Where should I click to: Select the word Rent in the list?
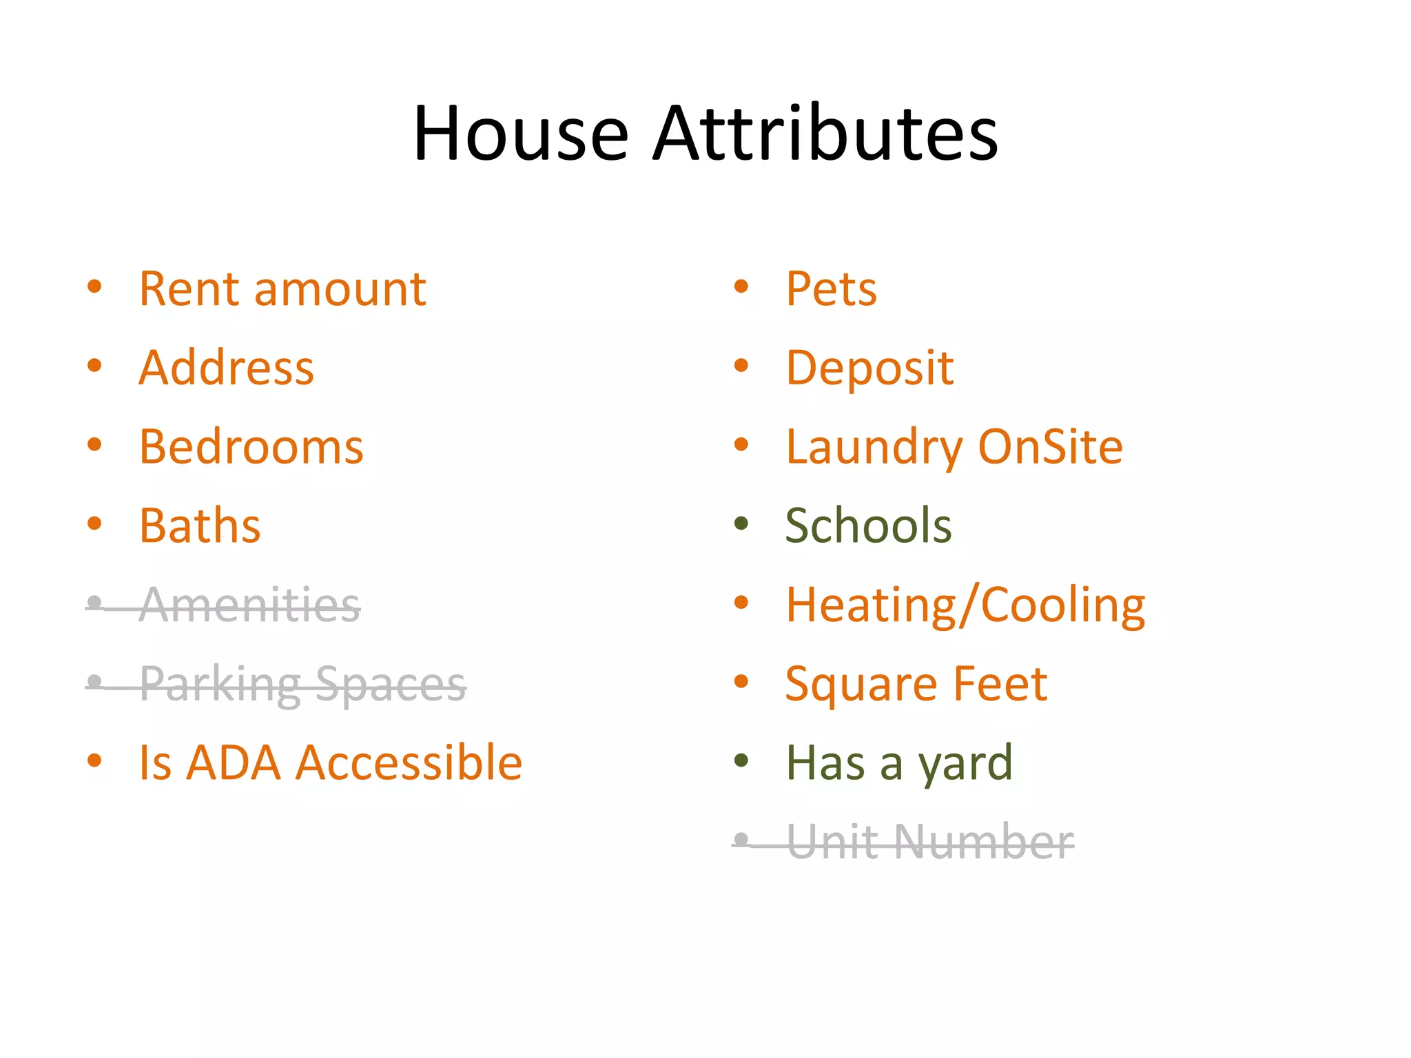pos(188,289)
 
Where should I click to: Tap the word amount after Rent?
pos(340,290)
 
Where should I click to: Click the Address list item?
pos(226,368)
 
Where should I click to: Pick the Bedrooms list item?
pos(251,447)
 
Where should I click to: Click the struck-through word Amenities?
pos(250,605)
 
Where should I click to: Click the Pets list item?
pos(831,289)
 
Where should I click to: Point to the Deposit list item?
pos(869,369)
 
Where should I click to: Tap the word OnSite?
pos(1050,447)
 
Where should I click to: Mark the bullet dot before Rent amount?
pos(94,286)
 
